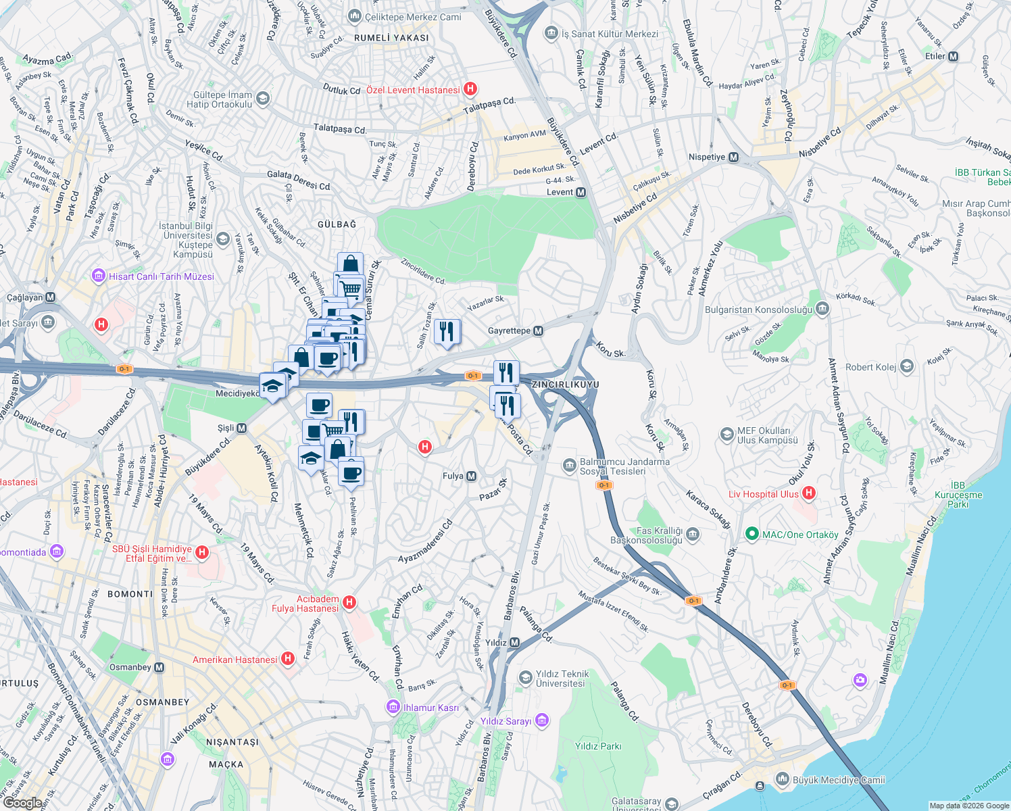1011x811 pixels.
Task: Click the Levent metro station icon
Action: click(581, 193)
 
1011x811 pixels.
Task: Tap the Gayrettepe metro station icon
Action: click(539, 331)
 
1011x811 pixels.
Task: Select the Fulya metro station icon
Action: click(472, 476)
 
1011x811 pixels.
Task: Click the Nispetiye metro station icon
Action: click(733, 157)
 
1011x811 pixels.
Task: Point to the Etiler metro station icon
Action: click(953, 57)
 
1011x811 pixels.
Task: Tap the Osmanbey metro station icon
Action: click(159, 668)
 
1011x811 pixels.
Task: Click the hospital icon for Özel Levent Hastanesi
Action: click(470, 89)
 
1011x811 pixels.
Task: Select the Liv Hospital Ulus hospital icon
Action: click(808, 493)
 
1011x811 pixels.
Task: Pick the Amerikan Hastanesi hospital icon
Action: click(288, 658)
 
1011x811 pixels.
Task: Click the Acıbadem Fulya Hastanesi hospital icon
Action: click(349, 601)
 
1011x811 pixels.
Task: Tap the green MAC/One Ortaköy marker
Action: click(751, 535)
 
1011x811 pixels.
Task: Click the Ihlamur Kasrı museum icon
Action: click(393, 707)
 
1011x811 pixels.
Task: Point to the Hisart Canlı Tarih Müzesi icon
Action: click(99, 276)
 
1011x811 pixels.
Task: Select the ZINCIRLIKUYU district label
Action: click(566, 385)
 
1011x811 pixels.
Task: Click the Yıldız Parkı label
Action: click(597, 746)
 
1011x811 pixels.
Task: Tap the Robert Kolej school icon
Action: click(907, 367)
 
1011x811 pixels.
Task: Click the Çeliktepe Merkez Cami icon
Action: click(354, 16)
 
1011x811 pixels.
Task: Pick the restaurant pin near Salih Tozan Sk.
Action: click(447, 332)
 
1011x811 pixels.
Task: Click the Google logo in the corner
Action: click(22, 803)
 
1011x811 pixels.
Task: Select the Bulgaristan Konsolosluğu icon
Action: click(822, 309)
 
